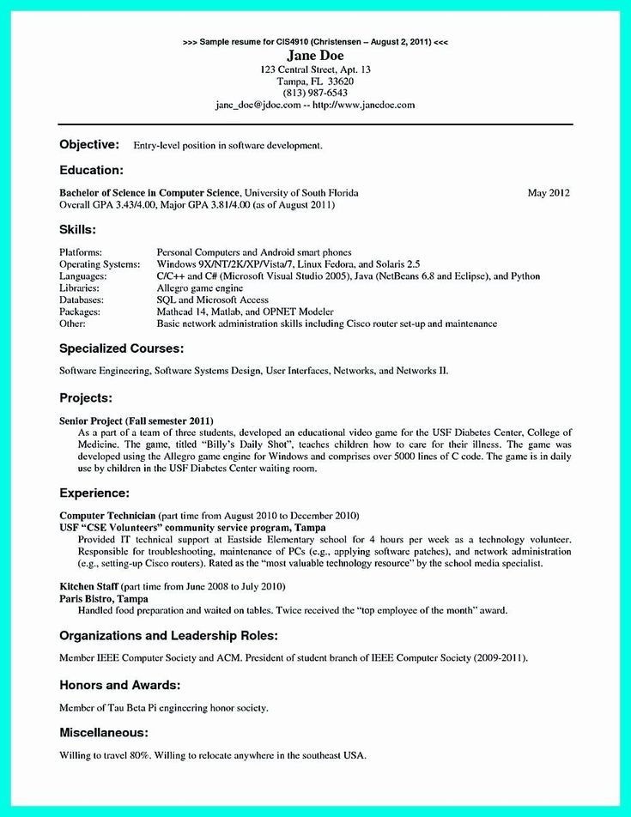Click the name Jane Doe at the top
click(314, 55)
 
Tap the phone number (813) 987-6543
click(314, 92)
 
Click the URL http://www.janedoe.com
click(364, 105)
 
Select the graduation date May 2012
click(549, 193)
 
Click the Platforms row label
click(81, 252)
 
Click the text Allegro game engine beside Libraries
click(200, 288)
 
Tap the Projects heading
click(86, 397)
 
